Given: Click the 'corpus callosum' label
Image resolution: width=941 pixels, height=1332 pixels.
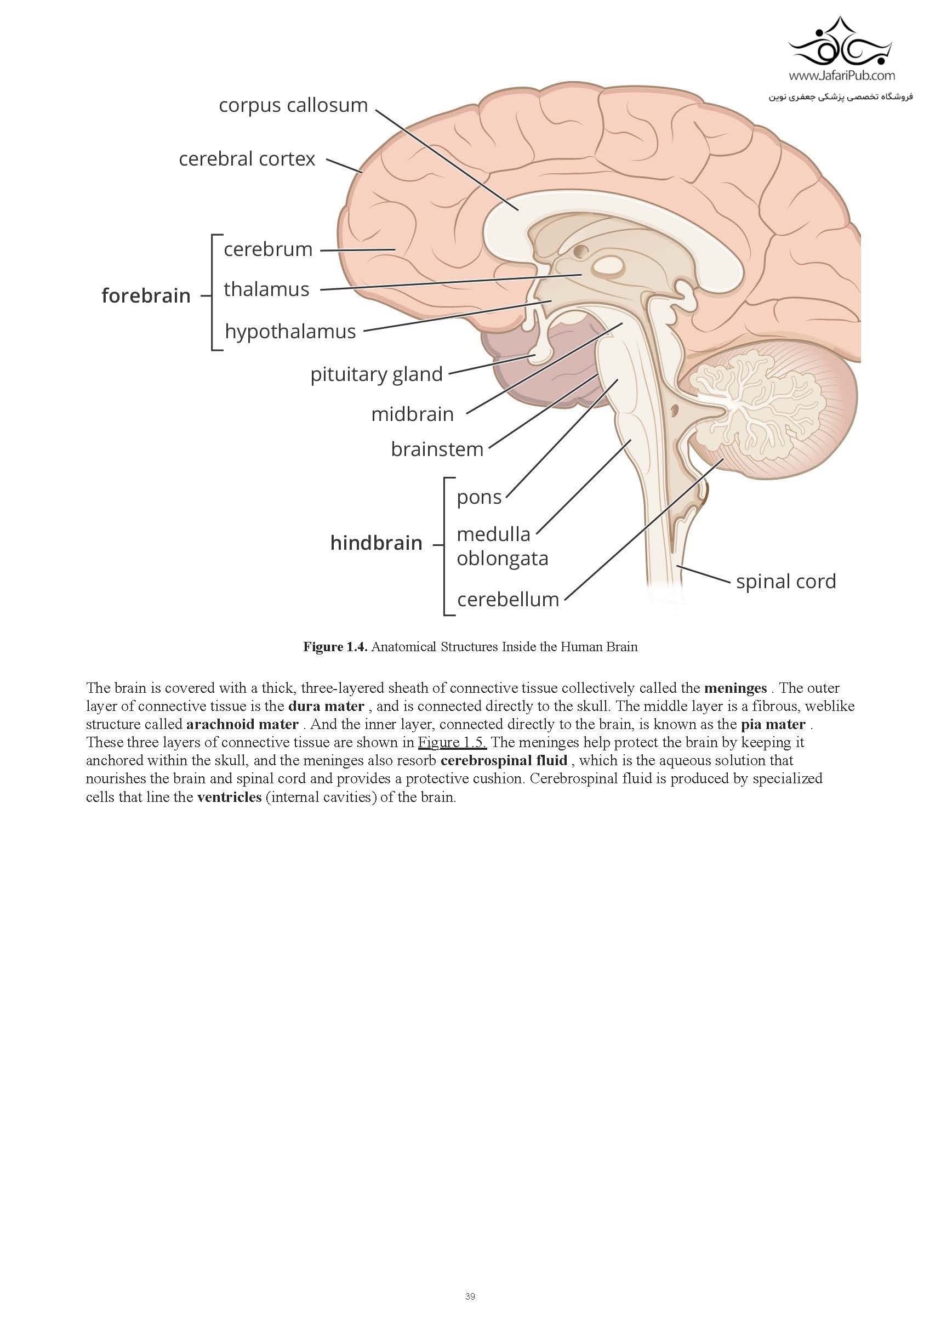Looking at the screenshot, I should (293, 106).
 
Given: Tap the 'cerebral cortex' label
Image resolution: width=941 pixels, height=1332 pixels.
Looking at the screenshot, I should (247, 159).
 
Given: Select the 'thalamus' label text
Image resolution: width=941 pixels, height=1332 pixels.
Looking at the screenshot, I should (266, 289).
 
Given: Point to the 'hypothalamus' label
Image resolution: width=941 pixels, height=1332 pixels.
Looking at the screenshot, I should (290, 331).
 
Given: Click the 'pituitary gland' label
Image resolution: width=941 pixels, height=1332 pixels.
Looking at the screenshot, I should (376, 374).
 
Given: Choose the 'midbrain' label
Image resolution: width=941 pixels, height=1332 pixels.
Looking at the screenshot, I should (412, 414).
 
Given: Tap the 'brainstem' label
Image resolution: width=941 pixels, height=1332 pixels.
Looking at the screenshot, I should (437, 449).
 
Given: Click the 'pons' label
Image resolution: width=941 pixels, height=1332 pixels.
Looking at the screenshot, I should (478, 497).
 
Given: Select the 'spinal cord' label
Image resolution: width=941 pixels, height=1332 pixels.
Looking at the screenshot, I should (785, 581).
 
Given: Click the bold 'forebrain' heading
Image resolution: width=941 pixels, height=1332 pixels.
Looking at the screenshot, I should (146, 296).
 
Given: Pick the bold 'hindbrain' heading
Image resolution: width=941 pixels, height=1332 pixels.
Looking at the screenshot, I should (376, 543).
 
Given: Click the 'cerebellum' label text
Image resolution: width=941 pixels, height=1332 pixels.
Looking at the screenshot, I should (507, 599).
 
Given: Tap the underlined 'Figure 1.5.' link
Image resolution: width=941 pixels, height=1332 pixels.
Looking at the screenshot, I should (452, 743).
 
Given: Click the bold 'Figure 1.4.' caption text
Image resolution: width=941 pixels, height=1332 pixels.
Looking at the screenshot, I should (335, 647).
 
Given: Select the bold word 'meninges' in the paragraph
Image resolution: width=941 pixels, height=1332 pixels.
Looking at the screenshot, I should (735, 688).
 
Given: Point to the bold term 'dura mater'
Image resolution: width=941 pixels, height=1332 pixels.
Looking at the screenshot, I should (326, 706).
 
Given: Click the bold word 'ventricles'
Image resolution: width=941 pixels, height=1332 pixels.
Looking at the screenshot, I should (229, 797).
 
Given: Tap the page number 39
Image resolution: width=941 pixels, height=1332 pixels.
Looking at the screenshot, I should (470, 1296).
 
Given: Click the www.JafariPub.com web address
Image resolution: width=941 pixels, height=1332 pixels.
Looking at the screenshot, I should (841, 76).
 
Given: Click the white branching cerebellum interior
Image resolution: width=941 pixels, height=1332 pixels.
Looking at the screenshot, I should (749, 406).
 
